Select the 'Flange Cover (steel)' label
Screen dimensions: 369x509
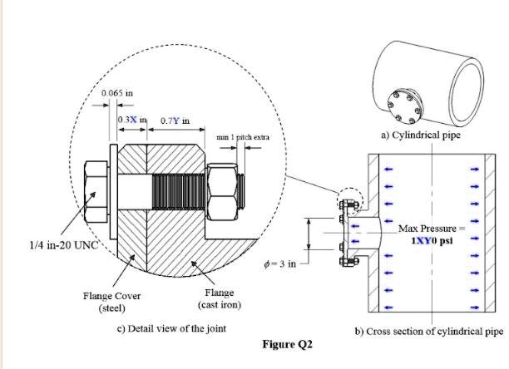(111, 302)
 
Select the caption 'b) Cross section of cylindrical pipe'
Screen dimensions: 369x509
(429, 331)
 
